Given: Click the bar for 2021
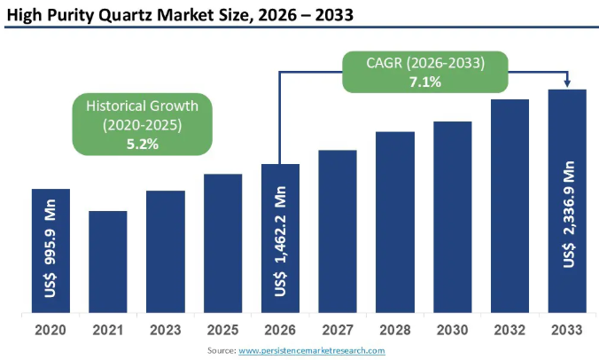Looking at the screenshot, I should (x=108, y=262).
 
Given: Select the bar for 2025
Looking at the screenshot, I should (x=222, y=244).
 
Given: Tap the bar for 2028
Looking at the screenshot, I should (x=395, y=223).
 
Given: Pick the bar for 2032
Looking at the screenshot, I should (x=510, y=207).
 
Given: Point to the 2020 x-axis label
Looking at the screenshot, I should (x=51, y=330).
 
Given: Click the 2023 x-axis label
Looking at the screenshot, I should (x=166, y=330).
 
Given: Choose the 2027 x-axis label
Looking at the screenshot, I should (x=338, y=330).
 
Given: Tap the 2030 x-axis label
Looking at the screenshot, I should (x=453, y=330).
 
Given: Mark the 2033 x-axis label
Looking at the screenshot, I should (x=567, y=330).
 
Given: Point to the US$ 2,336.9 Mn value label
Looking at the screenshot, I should (x=567, y=213).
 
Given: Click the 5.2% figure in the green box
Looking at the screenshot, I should (x=142, y=143).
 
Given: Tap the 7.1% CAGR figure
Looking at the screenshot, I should (x=427, y=81).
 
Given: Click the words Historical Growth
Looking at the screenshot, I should (x=142, y=106).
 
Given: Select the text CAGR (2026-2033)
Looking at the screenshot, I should (x=427, y=62).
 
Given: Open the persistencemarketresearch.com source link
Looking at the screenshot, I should (x=312, y=351).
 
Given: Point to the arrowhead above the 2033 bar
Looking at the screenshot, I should (x=567, y=84).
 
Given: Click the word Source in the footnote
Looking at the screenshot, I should (x=219, y=351).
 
